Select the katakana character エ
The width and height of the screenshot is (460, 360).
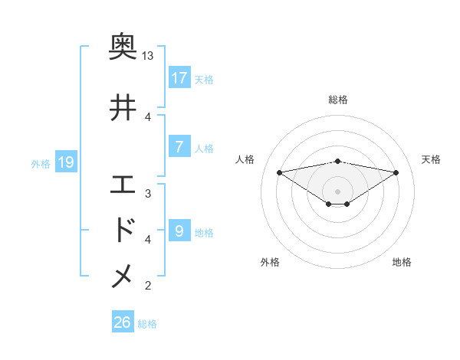123,185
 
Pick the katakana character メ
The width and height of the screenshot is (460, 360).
123,277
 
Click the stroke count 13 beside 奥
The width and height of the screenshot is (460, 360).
148,56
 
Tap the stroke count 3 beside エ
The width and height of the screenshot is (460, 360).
148,193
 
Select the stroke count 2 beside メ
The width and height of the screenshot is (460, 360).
148,286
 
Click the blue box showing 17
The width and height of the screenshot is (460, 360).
179,78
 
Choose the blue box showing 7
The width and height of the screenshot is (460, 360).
179,147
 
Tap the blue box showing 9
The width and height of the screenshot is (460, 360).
179,231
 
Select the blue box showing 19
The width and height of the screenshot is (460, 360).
65,162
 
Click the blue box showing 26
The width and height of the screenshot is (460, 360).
123,323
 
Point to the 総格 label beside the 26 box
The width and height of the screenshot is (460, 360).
147,324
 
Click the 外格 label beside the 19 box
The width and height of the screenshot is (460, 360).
41,163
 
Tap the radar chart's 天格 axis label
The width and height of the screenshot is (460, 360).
432,159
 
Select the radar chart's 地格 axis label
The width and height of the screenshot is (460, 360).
402,262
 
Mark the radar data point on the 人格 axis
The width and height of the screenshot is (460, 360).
279,172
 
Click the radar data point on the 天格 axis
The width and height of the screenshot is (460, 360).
396,172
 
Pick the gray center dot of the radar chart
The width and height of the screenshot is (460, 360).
337,191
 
